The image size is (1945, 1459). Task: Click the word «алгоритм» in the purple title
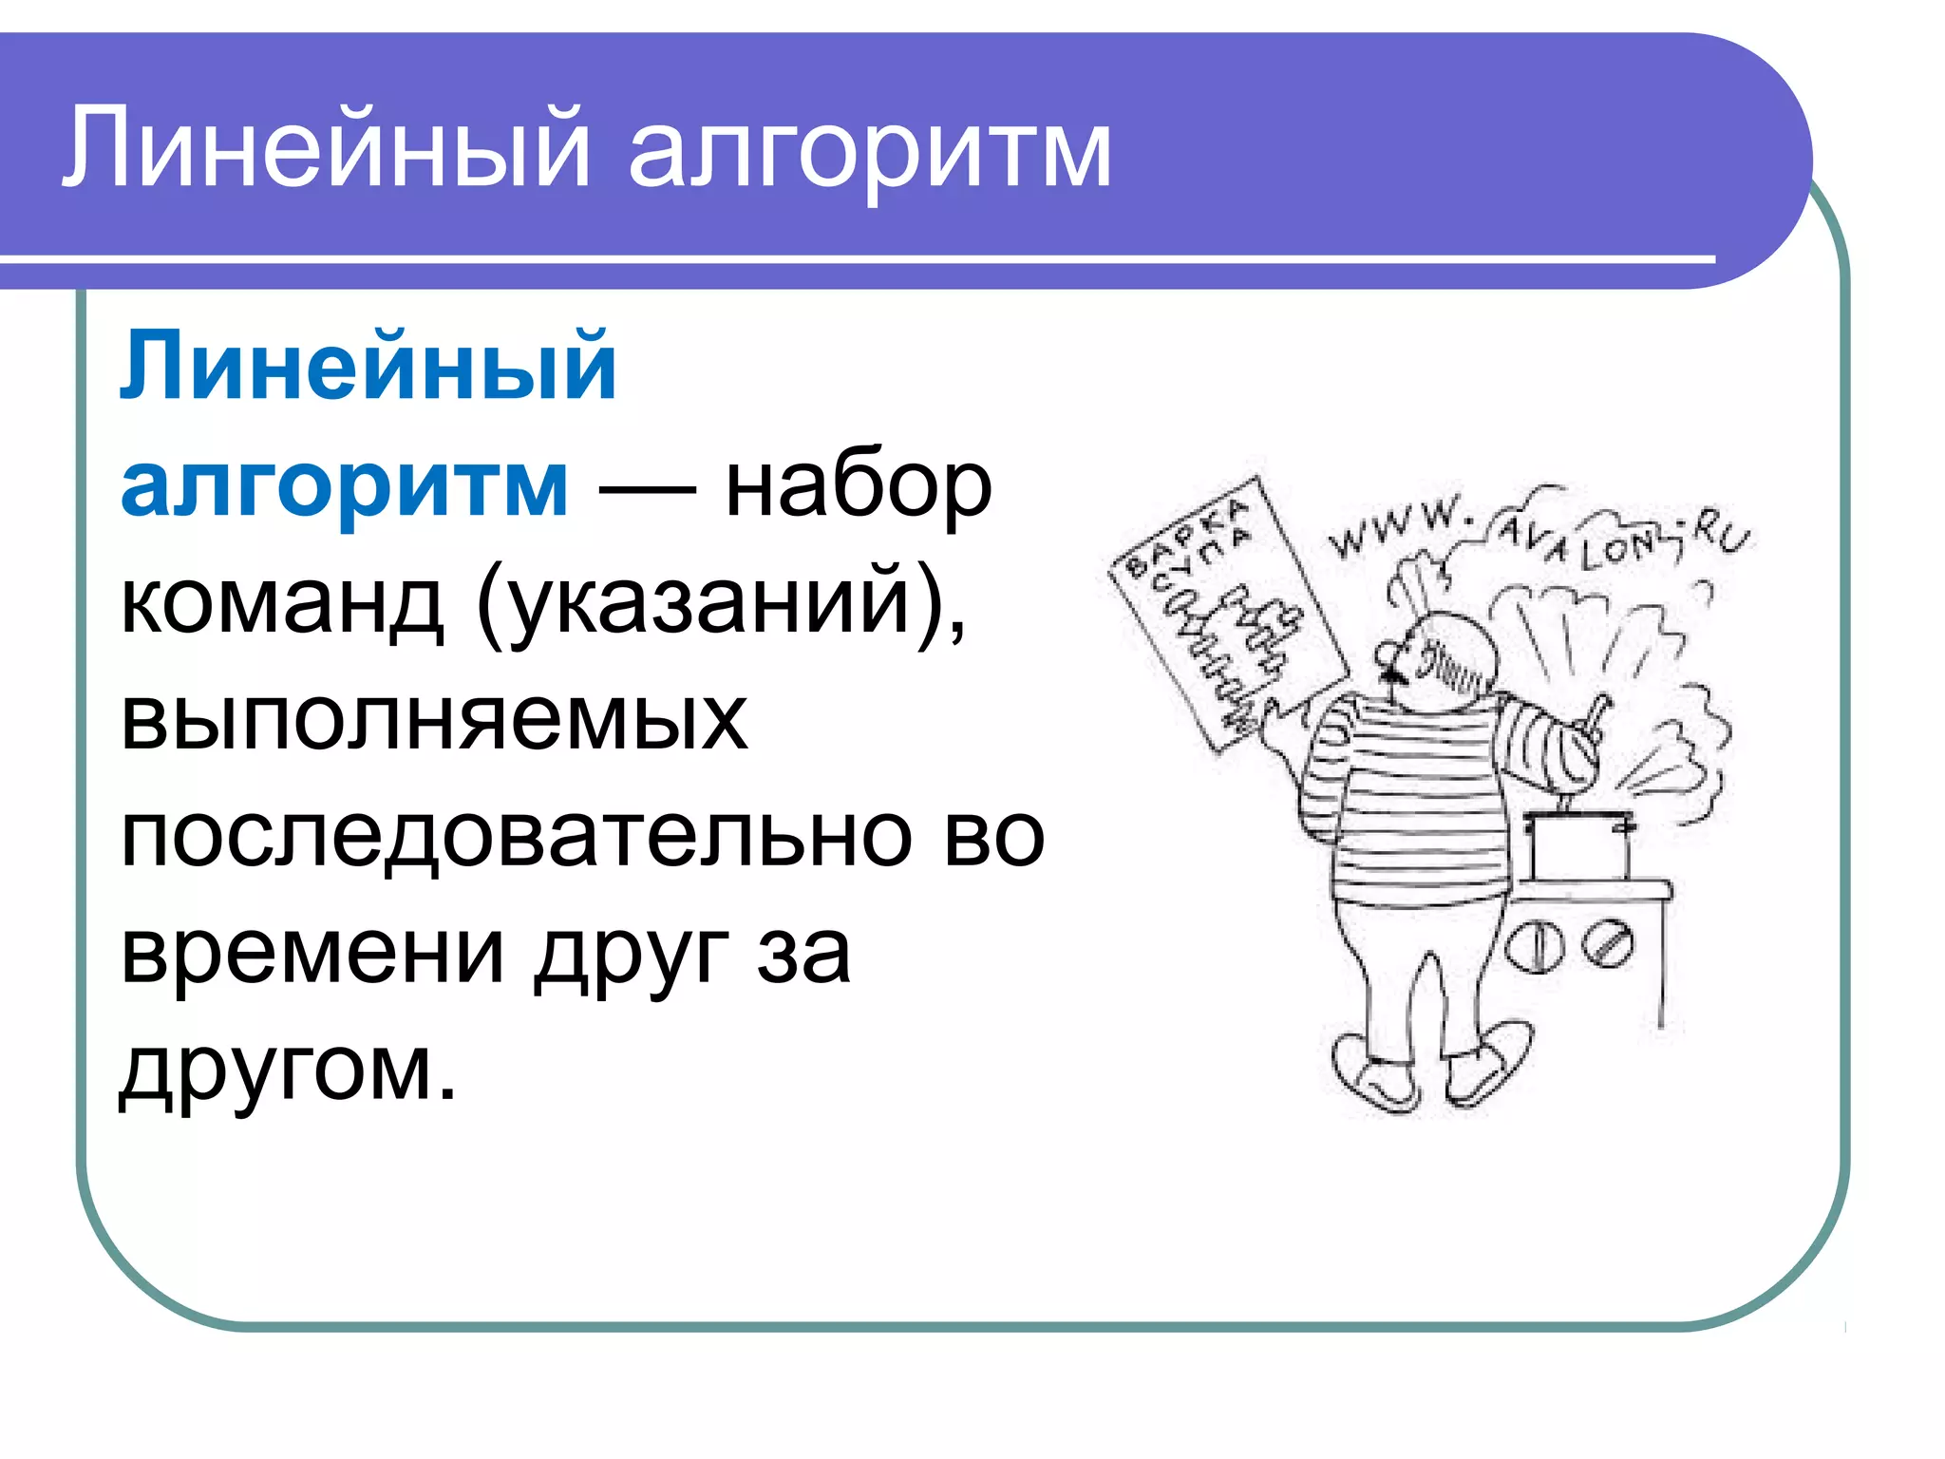[x=869, y=152]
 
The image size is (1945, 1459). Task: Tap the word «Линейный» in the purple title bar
[x=328, y=150]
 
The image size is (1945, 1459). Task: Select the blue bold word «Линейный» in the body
[x=368, y=367]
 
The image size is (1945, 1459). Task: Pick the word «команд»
[x=282, y=603]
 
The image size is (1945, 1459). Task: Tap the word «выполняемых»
[x=434, y=719]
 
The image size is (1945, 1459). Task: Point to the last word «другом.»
[x=288, y=1069]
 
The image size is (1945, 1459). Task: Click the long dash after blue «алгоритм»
[x=646, y=490]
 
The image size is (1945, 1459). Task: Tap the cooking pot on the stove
[x=1579, y=845]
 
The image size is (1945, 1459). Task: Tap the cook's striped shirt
[x=1415, y=807]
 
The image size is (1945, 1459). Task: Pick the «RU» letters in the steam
[x=1721, y=537]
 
